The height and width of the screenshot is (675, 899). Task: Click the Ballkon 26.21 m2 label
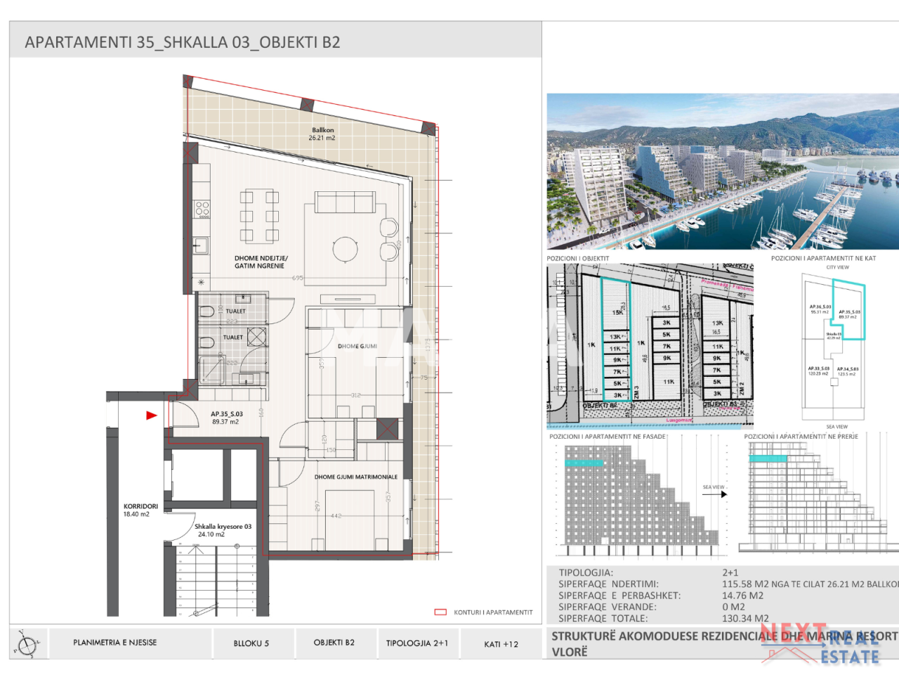[322, 134]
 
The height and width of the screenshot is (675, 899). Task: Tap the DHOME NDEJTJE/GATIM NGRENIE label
[261, 262]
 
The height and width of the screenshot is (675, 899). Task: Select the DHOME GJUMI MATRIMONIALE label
[355, 477]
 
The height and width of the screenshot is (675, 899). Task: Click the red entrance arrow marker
[151, 416]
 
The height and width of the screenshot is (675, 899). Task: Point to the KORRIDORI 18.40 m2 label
[140, 510]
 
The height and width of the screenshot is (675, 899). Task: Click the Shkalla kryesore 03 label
[222, 527]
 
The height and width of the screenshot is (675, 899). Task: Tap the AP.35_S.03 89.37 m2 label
[226, 418]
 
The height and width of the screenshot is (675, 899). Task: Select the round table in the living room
[345, 248]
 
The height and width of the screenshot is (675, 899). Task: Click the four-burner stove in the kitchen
[202, 209]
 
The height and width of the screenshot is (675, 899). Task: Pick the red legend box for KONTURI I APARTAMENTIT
[440, 612]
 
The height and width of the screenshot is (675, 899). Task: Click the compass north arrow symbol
[27, 643]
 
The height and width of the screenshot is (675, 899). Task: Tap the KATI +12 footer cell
[501, 643]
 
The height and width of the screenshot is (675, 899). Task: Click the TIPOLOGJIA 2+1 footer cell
[416, 643]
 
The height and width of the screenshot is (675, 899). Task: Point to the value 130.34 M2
[744, 618]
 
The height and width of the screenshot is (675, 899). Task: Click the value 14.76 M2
[742, 596]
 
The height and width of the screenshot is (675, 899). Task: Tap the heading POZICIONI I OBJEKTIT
[577, 258]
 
